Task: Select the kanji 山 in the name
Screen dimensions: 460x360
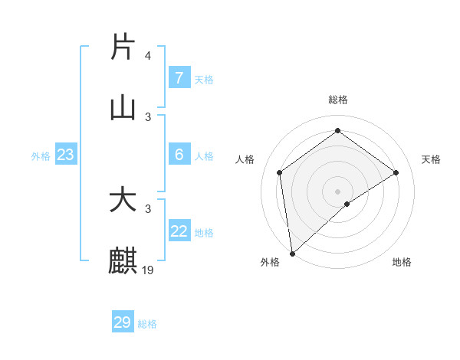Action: (x=123, y=108)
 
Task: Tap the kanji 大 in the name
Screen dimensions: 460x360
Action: (x=123, y=201)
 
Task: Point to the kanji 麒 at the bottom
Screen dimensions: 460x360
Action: (x=123, y=261)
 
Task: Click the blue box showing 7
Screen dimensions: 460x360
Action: (x=179, y=78)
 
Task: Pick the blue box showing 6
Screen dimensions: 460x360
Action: (x=179, y=155)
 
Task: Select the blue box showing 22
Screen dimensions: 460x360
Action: (x=179, y=231)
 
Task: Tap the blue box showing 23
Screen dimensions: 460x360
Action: (x=65, y=155)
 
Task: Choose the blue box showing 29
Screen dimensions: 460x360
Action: (x=123, y=322)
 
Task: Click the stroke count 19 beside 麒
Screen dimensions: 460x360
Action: (x=149, y=270)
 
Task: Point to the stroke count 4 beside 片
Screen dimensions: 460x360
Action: (x=148, y=56)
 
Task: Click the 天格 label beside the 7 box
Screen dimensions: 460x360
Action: (x=204, y=79)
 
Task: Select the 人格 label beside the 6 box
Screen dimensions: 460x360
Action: (x=204, y=155)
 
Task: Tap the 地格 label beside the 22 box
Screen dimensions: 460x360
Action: (x=204, y=232)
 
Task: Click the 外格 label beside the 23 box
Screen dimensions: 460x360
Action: (x=41, y=155)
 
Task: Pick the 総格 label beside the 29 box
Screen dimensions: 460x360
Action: (x=147, y=324)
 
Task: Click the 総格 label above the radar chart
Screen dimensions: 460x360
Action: (x=338, y=100)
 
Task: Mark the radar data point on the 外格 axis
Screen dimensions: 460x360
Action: (x=292, y=253)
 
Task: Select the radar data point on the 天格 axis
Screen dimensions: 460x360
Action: (x=396, y=172)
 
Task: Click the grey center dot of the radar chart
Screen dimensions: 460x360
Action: (x=338, y=191)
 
